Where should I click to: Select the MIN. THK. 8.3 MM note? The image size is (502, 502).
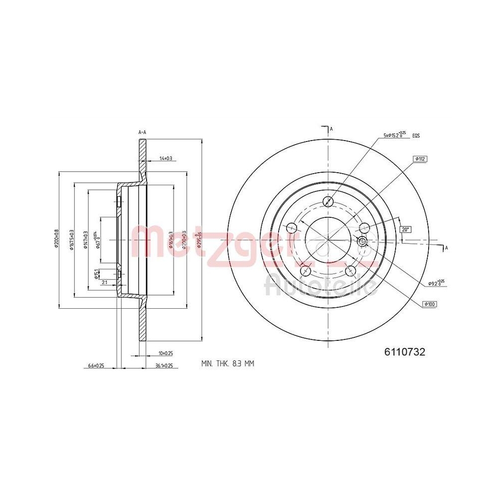click(227, 363)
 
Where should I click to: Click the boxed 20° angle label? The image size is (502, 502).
click(405, 229)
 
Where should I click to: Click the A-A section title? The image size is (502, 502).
click(142, 132)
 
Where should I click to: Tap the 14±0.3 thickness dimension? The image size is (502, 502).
click(165, 159)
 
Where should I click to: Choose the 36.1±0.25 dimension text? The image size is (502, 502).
click(164, 366)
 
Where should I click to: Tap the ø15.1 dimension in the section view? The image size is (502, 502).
click(96, 274)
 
